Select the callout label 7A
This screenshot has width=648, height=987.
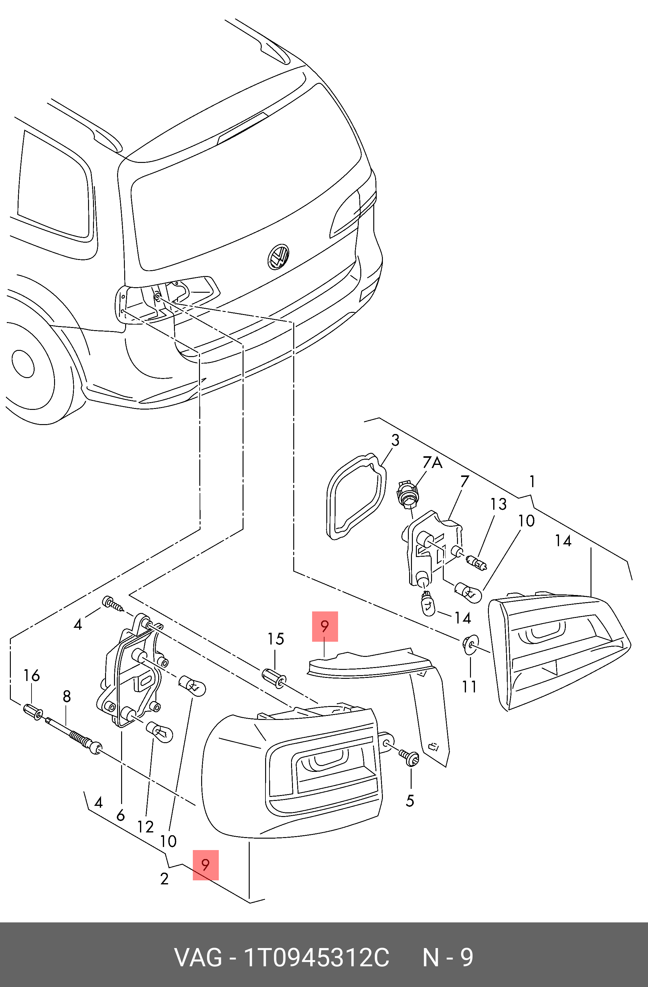coord(432,462)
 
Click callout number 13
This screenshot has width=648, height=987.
coord(498,504)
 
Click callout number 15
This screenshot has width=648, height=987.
coord(276,639)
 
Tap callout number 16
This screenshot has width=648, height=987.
coord(32,675)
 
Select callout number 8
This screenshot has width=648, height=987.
coord(67,696)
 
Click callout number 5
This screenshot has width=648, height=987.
coord(410,801)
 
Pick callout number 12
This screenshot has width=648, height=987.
coord(146,827)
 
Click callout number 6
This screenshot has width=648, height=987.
coord(121,815)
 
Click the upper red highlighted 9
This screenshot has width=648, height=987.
coord(325,626)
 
